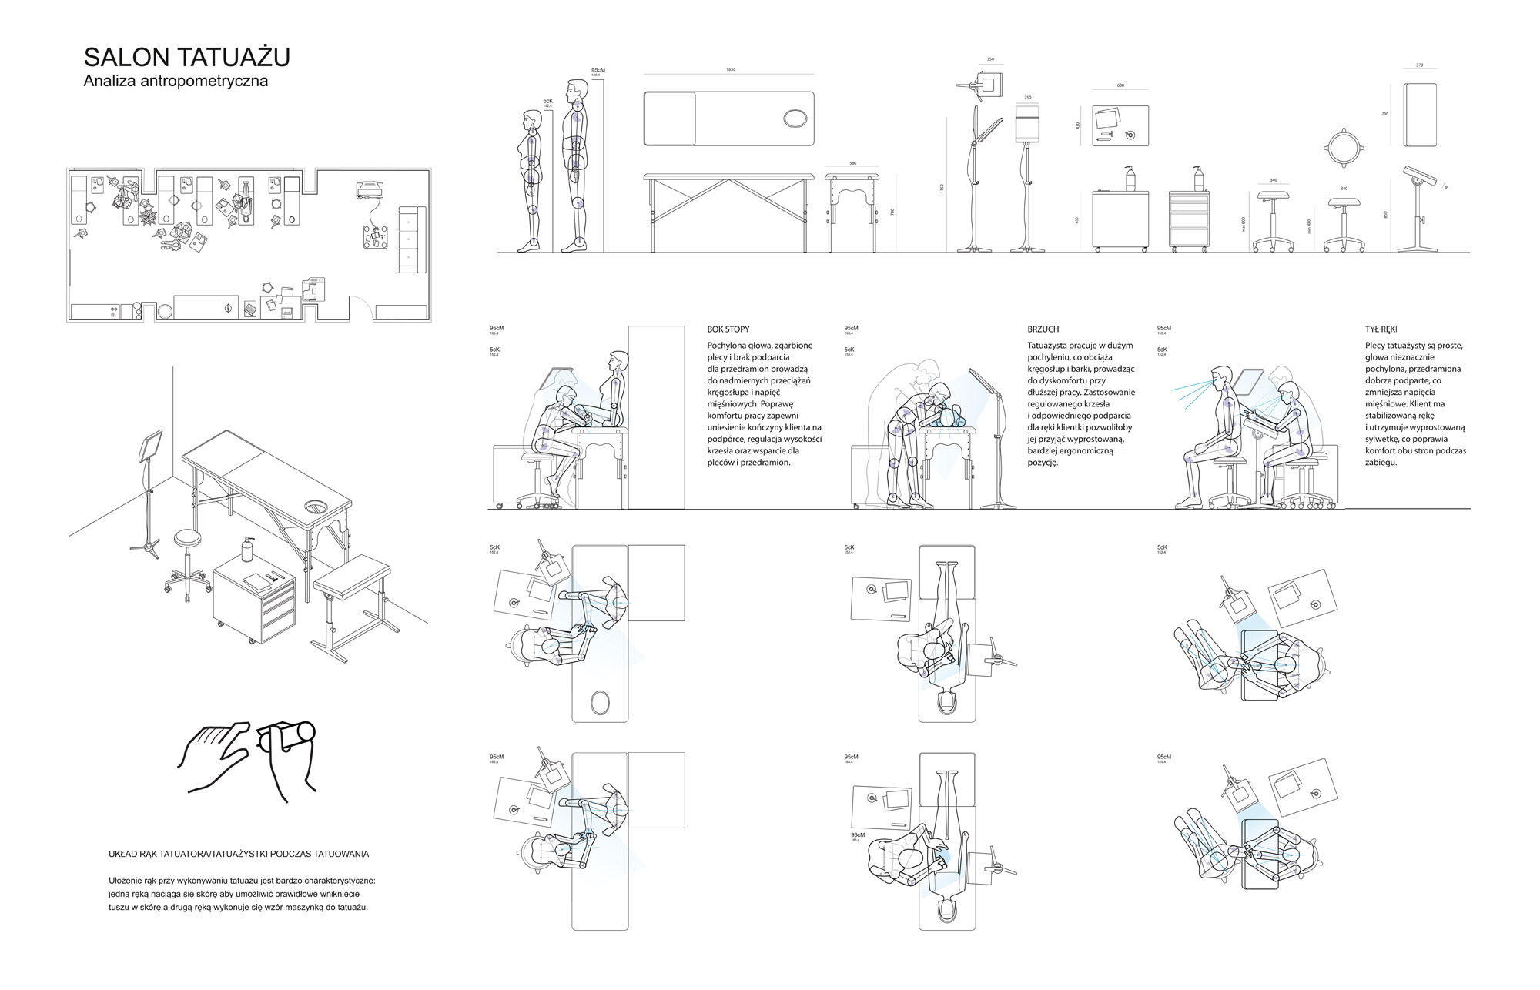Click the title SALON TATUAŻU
(x=186, y=58)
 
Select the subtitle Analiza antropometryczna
(x=176, y=81)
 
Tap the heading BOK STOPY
(x=728, y=329)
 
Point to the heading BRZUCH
(x=1043, y=329)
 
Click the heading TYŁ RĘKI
(x=1381, y=329)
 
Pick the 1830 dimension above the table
(x=730, y=69)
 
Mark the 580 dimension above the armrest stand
(x=852, y=163)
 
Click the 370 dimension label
(x=1419, y=65)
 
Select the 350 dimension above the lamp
(x=990, y=59)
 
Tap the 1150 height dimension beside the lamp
(x=942, y=188)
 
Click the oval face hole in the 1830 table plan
(x=795, y=119)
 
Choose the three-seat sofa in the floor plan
(x=411, y=239)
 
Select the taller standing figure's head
(x=574, y=91)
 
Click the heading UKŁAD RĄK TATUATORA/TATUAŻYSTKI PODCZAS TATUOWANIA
(x=239, y=854)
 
